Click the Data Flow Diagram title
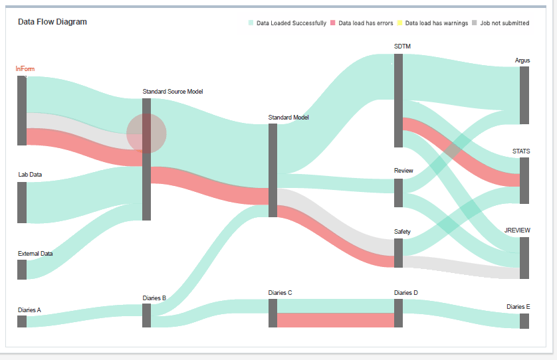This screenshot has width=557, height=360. pos(52,22)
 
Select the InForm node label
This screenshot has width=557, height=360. pos(25,68)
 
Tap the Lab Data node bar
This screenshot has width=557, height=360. pos(22,203)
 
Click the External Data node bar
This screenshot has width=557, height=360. pos(22,270)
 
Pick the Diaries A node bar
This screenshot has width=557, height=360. pos(22,321)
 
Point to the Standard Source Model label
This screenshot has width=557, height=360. pos(173,92)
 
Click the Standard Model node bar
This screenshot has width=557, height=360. pos(273,170)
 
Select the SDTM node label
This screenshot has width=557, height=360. pos(403,45)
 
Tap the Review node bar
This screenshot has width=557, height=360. pos(398,193)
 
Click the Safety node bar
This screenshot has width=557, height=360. pos(398,253)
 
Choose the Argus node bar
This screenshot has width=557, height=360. pos(524,95)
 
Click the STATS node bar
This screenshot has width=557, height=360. pos(524,181)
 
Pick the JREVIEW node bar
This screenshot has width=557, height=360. pos(524,258)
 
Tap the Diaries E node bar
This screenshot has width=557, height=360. pos(524,321)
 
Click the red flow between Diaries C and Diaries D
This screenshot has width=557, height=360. pos(336,320)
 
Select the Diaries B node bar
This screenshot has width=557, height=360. pos(146,315)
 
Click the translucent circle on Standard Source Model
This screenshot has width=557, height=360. pos(146,134)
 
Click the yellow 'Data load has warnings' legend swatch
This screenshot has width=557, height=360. pos(400,23)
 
